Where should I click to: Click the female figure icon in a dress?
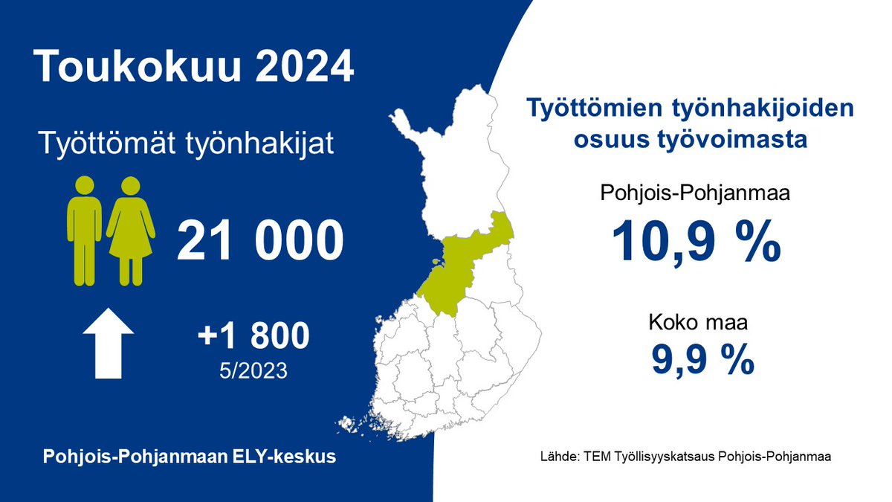(131, 231)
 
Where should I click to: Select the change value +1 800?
(253, 337)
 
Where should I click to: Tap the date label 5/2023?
(253, 370)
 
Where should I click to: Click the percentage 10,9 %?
(696, 242)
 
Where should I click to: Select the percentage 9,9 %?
(703, 359)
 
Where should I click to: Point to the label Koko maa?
(696, 324)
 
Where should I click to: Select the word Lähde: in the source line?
(557, 456)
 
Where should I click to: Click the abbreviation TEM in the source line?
(595, 456)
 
